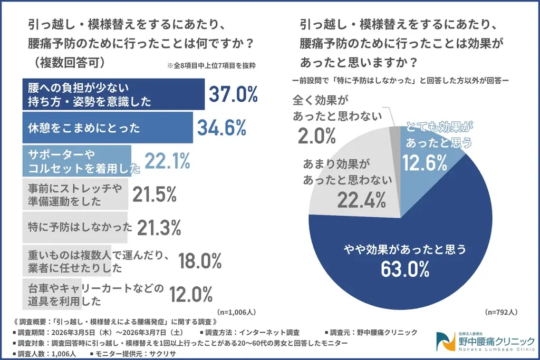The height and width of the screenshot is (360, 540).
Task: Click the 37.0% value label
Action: coord(233,94)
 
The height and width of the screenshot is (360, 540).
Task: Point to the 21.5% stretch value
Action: coord(154,194)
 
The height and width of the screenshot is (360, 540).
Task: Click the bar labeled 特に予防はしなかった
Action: coord(74,227)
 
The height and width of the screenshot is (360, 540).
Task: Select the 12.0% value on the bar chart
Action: coord(191,294)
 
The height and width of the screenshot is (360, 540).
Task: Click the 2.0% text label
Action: coord(316,136)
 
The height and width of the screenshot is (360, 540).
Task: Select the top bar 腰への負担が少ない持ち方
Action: coord(113,94)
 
